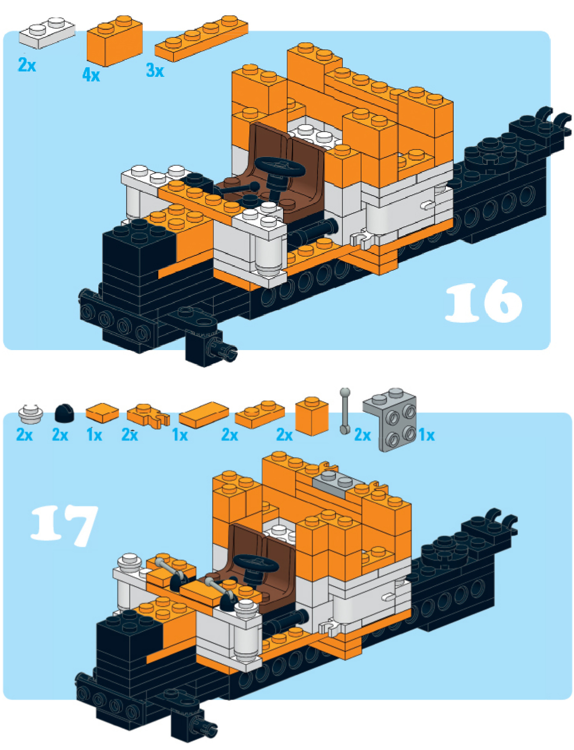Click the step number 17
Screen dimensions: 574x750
point(64,524)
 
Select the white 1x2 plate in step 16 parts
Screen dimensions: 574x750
point(47,33)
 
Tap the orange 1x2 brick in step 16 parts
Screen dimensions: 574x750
point(115,41)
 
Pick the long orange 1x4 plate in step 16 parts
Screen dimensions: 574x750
point(201,39)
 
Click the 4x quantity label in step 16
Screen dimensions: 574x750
point(91,75)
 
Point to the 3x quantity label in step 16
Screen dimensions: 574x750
point(155,70)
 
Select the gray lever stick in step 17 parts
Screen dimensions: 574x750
point(345,411)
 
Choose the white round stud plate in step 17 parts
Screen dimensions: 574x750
point(31,414)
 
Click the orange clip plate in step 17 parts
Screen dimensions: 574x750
point(148,415)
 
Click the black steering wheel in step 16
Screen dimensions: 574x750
point(280,167)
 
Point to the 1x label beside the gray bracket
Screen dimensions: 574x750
point(427,435)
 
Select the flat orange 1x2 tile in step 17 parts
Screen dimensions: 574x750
point(204,414)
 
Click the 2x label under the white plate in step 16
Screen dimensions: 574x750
point(27,65)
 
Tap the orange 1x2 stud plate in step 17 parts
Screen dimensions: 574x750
point(260,414)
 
